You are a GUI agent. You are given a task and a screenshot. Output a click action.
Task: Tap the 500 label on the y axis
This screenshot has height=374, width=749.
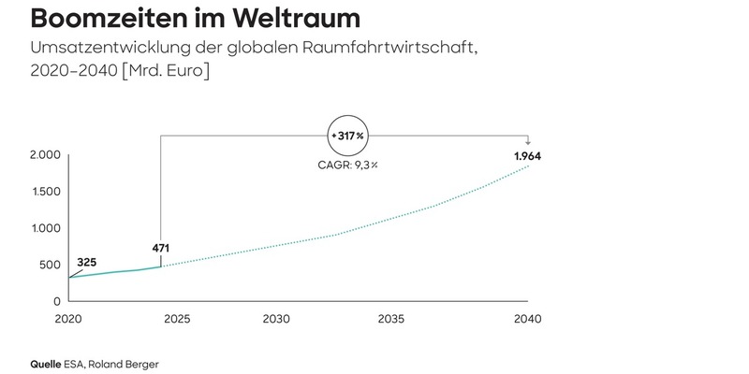[x=49, y=266]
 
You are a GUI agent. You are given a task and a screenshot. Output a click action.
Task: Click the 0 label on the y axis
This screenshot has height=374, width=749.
[x=57, y=301]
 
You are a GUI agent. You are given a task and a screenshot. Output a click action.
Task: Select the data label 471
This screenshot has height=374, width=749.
[x=162, y=249]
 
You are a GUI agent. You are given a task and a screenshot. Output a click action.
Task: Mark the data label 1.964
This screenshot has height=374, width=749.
[x=528, y=154]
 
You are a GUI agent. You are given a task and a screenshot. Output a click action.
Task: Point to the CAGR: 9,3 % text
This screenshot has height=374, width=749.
[x=347, y=166]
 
